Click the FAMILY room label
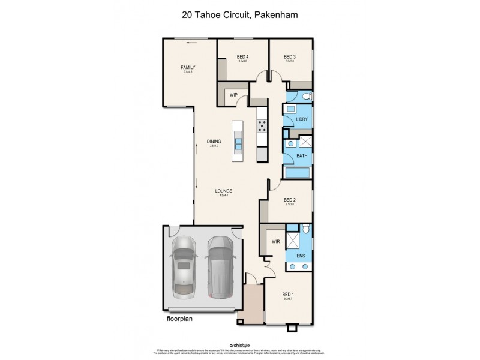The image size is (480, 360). [x=188, y=68]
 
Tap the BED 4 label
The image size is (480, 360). [x=243, y=57]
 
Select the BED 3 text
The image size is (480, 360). [x=290, y=57]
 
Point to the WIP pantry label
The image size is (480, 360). [x=234, y=95]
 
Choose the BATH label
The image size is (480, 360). [x=302, y=157]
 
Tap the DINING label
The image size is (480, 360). [x=214, y=142]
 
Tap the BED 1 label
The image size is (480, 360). [x=289, y=294]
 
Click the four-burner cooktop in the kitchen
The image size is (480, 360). [x=263, y=125]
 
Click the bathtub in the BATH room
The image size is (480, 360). [x=297, y=173]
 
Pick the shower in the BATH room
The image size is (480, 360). [x=305, y=142]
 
